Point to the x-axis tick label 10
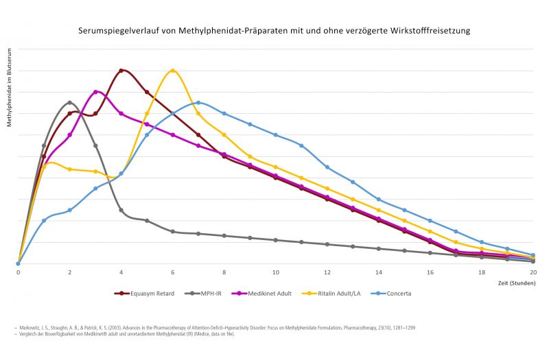pos(276,272)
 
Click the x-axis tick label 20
pos(533,272)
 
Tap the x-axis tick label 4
pos(121,272)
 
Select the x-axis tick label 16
pos(430,272)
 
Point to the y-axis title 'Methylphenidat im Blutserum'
pos(10,87)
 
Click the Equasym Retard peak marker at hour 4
pos(121,70)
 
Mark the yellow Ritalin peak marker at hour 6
pos(173,70)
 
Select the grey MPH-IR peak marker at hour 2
pos(70,103)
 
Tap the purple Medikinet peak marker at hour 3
pos(95,92)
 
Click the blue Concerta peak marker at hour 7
pos(198,103)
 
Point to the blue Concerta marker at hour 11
pos(301,145)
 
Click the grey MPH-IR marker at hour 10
pos(276,240)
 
